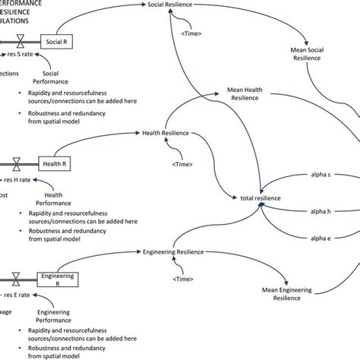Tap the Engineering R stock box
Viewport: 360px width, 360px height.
pyautogui.click(x=58, y=282)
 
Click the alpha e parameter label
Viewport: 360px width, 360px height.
pyautogui.click(x=324, y=239)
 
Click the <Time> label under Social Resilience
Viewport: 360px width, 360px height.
pyautogui.click(x=192, y=32)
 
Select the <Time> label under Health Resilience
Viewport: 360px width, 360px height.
pyautogui.click(x=182, y=163)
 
